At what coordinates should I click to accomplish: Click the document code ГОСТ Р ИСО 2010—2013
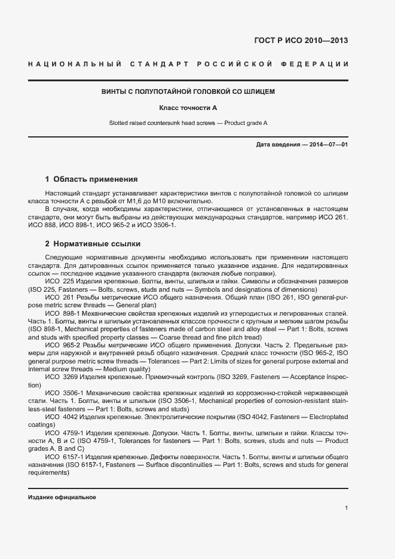pos(301,41)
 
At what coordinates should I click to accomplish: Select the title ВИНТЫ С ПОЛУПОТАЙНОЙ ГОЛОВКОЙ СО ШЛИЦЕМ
pos(188,91)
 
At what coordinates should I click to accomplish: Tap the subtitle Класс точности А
pos(188,108)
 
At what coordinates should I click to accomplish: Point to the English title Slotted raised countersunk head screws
pos(163,123)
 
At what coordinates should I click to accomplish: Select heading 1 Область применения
pos(91,179)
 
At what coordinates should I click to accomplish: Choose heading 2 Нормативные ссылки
pos(93,244)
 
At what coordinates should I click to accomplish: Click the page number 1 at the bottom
pos(347,508)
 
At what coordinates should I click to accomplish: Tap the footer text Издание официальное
pos(62,497)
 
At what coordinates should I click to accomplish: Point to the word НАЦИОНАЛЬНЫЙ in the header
pos(75,64)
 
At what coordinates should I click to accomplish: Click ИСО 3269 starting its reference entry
pos(61,377)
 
